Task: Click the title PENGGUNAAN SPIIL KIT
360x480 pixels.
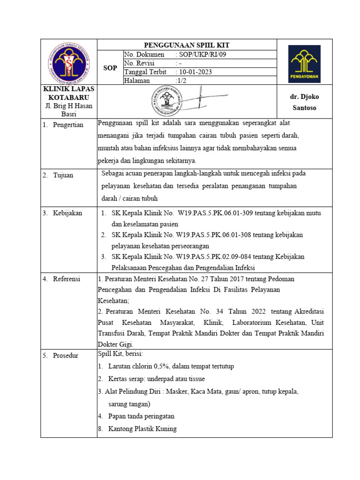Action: pos(187,45)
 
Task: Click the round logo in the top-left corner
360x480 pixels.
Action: pos(68,62)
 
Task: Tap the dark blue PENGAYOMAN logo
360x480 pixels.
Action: pos(304,64)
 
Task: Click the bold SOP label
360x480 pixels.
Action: pos(110,68)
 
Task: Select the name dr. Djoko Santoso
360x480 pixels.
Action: pos(304,102)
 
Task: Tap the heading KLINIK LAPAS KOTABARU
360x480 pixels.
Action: pos(68,93)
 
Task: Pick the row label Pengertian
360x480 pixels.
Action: pos(66,125)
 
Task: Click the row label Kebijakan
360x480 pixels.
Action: pos(66,213)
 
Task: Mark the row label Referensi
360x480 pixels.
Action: pos(65,278)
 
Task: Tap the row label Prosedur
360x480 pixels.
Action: pos(64,355)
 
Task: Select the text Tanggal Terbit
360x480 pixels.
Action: pos(145,72)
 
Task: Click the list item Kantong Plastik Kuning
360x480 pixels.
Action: pos(142,428)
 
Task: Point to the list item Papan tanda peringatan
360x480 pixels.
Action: pos(141,416)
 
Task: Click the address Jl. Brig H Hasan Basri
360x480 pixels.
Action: pos(68,110)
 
